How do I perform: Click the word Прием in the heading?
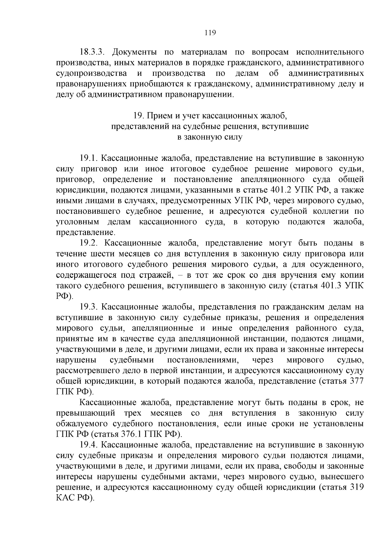pos(158,116)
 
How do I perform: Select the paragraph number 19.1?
pos(89,159)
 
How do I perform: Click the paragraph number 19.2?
pos(89,244)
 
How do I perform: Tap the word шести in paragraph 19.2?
pos(98,254)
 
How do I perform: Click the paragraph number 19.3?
pos(89,307)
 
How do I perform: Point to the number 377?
pos(357,381)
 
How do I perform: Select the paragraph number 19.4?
pos(89,445)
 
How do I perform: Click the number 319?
pos(357,487)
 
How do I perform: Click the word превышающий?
pos(86,413)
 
